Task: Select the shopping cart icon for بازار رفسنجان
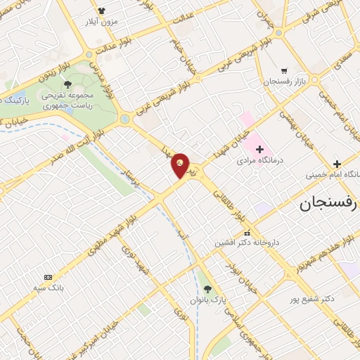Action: (x=283, y=71)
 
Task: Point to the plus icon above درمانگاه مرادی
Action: (x=259, y=149)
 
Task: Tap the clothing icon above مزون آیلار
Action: (x=101, y=11)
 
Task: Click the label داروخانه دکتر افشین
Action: (x=247, y=242)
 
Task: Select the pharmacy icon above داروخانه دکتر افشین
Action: (x=247, y=232)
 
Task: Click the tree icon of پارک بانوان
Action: (x=206, y=288)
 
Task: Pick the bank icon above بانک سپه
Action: (x=48, y=278)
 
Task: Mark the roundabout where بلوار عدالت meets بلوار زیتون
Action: (x=89, y=55)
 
